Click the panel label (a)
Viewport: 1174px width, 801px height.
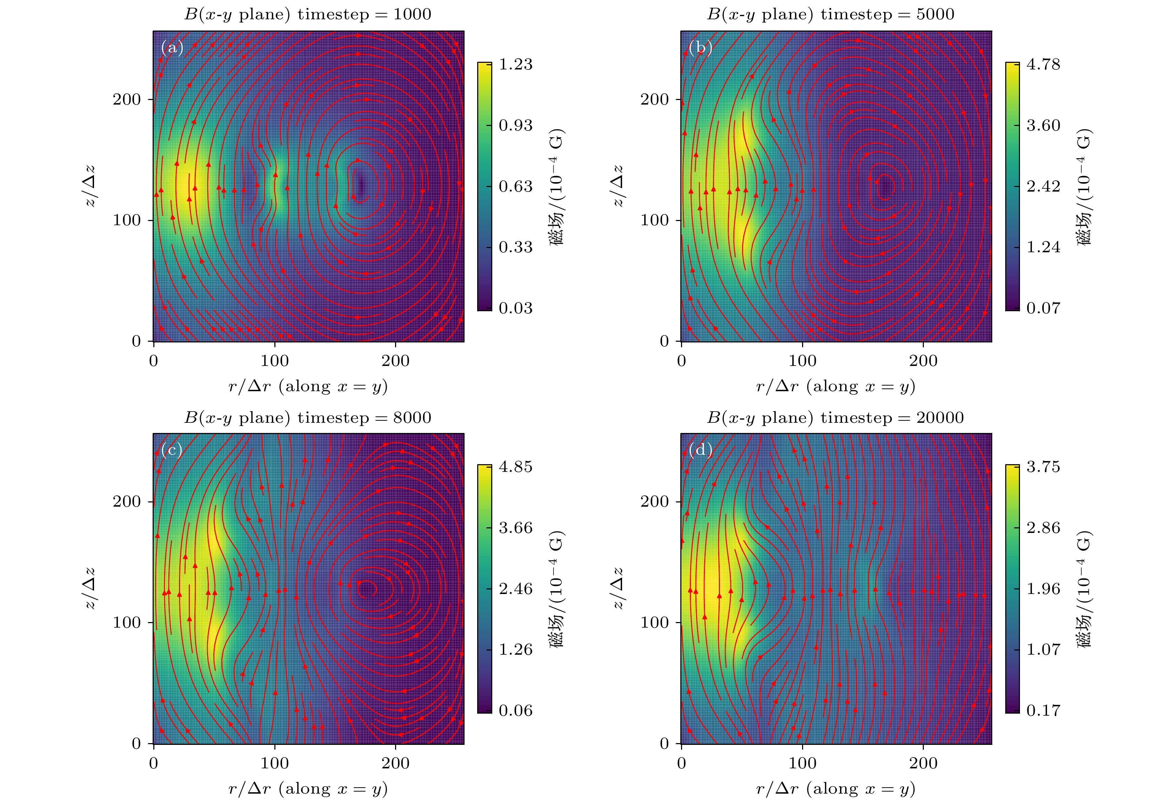[172, 48]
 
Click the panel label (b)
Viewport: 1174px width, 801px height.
[700, 48]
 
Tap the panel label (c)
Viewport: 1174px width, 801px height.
[172, 449]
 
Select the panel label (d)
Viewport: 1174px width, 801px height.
[700, 449]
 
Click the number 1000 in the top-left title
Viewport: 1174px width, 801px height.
[412, 14]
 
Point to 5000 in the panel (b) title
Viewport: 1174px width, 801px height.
[935, 14]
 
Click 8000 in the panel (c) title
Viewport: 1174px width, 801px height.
[412, 418]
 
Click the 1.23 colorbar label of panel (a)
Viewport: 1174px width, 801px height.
[515, 64]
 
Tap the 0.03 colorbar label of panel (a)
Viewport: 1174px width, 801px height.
[515, 308]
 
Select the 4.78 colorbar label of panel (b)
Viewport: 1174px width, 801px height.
[1043, 64]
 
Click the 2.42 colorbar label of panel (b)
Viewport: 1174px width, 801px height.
[1043, 186]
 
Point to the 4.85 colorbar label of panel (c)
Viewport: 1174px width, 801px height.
[515, 467]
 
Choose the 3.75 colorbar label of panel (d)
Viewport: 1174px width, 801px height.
[1043, 467]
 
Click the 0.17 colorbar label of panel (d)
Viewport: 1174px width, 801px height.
[1043, 710]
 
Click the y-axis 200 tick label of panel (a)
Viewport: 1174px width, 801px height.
[126, 100]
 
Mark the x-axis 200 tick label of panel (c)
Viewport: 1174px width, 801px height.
[395, 763]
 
